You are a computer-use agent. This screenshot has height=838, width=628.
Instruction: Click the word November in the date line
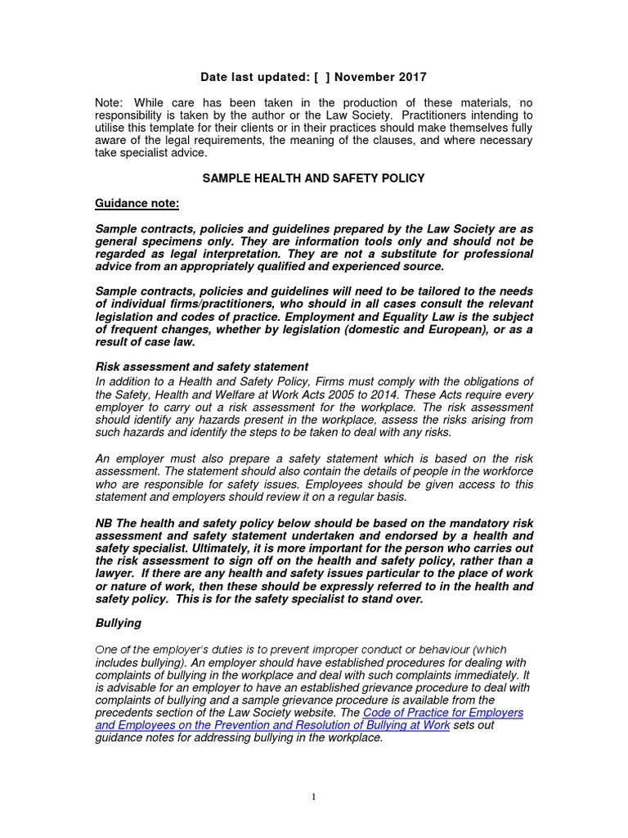[365, 78]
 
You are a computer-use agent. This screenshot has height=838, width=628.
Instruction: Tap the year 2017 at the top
[410, 78]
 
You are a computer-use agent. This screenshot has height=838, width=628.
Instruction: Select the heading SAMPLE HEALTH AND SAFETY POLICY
[314, 178]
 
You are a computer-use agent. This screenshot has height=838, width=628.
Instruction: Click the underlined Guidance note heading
[137, 204]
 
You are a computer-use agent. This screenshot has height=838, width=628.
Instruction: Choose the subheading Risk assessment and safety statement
[202, 367]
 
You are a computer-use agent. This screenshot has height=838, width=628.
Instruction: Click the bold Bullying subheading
[119, 623]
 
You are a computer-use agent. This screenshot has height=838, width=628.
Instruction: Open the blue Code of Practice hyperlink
[309, 719]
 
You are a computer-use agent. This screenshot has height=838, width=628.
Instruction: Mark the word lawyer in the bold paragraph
[116, 573]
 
